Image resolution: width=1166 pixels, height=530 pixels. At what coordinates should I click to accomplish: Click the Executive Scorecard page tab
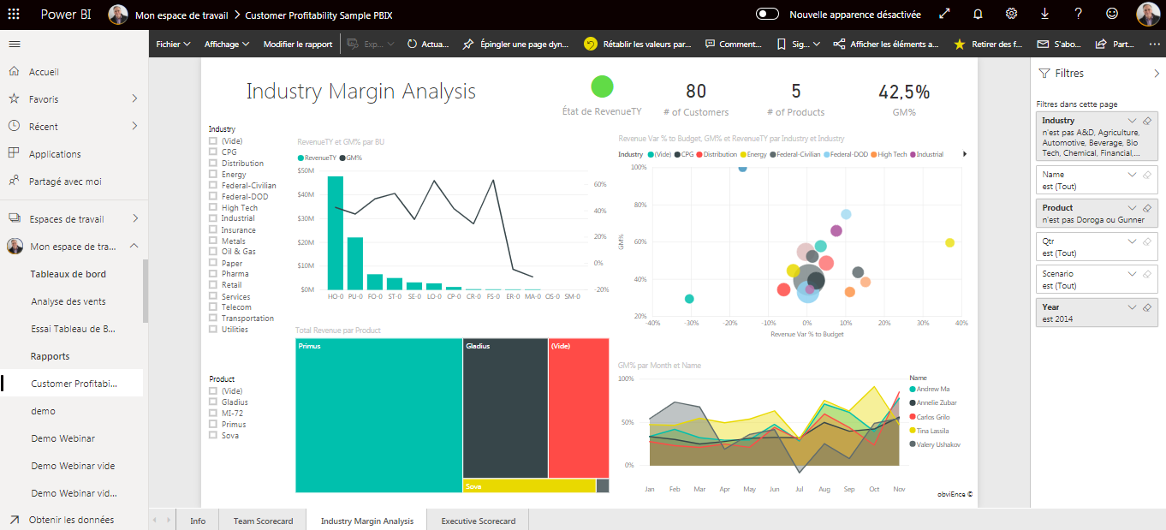pyautogui.click(x=478, y=521)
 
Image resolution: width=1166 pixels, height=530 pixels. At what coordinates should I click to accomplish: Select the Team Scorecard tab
pyautogui.click(x=263, y=521)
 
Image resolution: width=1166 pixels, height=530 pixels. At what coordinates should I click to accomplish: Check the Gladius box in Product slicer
pyautogui.click(x=213, y=402)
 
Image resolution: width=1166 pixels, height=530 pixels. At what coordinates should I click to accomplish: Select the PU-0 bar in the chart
pyautogui.click(x=354, y=263)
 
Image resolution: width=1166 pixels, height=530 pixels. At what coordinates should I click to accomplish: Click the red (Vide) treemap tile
pyautogui.click(x=578, y=408)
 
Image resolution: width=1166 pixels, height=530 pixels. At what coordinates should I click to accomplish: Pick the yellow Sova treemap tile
pyautogui.click(x=528, y=485)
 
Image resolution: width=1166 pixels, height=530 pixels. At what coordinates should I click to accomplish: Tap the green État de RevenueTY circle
pyautogui.click(x=602, y=86)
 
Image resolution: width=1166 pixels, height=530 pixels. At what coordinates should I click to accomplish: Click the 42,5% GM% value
pyautogui.click(x=903, y=92)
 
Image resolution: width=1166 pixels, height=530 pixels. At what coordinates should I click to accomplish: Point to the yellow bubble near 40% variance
pyautogui.click(x=949, y=243)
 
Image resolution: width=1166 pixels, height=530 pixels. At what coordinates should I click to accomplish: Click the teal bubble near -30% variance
pyautogui.click(x=689, y=299)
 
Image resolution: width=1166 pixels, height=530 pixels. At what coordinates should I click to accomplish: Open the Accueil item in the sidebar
pyautogui.click(x=44, y=72)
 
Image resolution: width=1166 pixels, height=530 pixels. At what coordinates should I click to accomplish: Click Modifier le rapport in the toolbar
pyautogui.click(x=297, y=44)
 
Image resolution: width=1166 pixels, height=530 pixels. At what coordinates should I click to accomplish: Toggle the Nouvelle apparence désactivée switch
pyautogui.click(x=767, y=14)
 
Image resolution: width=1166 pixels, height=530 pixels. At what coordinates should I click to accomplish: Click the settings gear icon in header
pyautogui.click(x=1011, y=14)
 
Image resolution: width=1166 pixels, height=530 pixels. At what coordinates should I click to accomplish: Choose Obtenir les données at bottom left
pyautogui.click(x=71, y=520)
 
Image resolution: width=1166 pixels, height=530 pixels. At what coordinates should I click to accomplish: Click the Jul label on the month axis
pyautogui.click(x=799, y=489)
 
